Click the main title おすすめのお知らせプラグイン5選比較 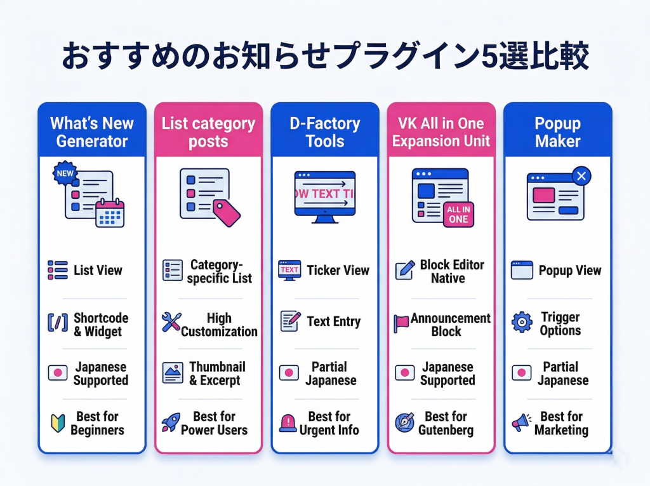[x=325, y=57]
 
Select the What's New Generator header [x=92, y=132]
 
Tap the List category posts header [x=208, y=132]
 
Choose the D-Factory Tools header [x=325, y=132]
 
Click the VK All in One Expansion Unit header [x=441, y=132]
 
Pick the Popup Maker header [x=557, y=132]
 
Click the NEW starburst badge [x=65, y=173]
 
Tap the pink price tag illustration [x=226, y=212]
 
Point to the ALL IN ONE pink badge [x=458, y=214]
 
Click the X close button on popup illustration [x=580, y=176]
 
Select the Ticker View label [x=338, y=270]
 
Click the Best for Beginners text [x=97, y=423]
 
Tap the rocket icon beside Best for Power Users [x=171, y=422]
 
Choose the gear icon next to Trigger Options [x=521, y=322]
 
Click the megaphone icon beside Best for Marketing [x=521, y=422]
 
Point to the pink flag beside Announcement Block [x=402, y=323]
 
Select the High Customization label [x=219, y=325]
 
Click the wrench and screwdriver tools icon [x=171, y=322]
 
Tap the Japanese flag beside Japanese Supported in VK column [x=404, y=373]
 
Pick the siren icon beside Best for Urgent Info [x=289, y=422]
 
